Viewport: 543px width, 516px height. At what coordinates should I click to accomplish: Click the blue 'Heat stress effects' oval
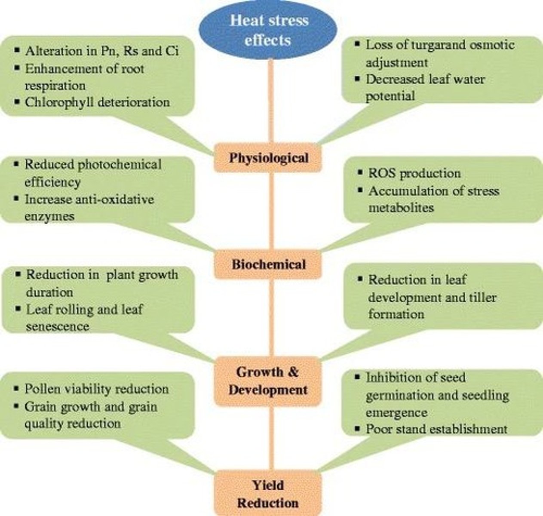(269, 30)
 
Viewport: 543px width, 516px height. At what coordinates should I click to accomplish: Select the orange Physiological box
(268, 158)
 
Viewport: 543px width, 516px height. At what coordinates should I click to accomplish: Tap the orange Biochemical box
(268, 264)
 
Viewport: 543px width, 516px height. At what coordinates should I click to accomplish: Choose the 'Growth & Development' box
(268, 381)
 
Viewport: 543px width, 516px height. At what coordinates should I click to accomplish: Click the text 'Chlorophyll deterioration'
(97, 102)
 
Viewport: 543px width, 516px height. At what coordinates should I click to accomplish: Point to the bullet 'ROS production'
(414, 173)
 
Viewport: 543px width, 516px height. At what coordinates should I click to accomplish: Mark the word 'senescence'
(58, 326)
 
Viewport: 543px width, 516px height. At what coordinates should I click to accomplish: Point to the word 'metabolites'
(401, 208)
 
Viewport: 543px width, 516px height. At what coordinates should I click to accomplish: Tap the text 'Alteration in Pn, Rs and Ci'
(102, 51)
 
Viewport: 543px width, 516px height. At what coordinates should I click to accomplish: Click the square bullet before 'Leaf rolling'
(18, 309)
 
